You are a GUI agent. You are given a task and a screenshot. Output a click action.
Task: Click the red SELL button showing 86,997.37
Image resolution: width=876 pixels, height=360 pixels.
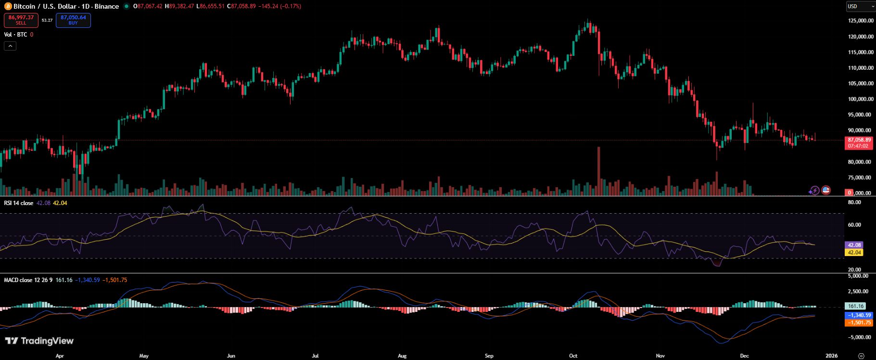coord(21,20)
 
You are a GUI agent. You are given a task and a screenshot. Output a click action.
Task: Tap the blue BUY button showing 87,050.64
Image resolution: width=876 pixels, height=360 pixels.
coord(73,20)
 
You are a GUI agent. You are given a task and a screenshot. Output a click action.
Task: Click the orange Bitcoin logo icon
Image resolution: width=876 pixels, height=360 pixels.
coord(8,6)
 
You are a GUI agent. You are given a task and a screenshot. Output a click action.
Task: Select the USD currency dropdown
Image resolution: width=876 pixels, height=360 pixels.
coord(860,6)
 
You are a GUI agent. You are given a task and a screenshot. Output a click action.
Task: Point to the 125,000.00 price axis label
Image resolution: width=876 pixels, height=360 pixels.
coord(860,21)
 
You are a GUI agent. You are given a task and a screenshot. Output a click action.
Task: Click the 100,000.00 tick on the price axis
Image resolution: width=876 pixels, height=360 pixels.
coord(860,99)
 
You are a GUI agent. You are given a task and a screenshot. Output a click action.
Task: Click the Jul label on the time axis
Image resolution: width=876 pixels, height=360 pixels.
coord(315,356)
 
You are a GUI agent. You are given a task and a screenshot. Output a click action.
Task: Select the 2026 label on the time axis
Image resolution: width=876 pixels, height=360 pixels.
coord(831,356)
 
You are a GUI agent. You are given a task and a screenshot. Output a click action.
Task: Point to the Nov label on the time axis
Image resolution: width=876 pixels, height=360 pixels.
coord(660,356)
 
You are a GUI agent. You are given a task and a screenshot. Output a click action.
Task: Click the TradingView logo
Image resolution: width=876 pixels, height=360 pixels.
coord(39,341)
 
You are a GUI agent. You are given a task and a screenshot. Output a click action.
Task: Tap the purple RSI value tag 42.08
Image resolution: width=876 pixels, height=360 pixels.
coord(854,245)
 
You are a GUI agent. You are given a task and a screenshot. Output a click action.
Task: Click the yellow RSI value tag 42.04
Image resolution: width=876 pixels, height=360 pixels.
coord(854,252)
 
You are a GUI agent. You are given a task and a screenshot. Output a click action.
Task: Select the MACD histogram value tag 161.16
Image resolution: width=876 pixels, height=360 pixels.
coord(856,306)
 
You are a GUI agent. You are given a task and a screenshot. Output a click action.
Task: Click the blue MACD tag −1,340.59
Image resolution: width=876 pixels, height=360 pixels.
coord(859,315)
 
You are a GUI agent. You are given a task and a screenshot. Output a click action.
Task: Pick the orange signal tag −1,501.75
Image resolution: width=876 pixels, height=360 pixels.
coord(859,322)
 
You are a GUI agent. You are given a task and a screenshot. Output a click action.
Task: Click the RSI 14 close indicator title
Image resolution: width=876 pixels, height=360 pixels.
coord(19,203)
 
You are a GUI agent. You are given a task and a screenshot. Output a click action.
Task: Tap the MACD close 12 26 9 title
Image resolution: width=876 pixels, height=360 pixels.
coord(28,280)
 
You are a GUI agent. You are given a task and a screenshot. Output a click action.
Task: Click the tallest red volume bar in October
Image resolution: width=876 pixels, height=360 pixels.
coord(599,171)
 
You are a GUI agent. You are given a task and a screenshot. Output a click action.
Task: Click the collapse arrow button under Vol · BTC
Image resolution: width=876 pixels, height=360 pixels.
coord(10,46)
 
